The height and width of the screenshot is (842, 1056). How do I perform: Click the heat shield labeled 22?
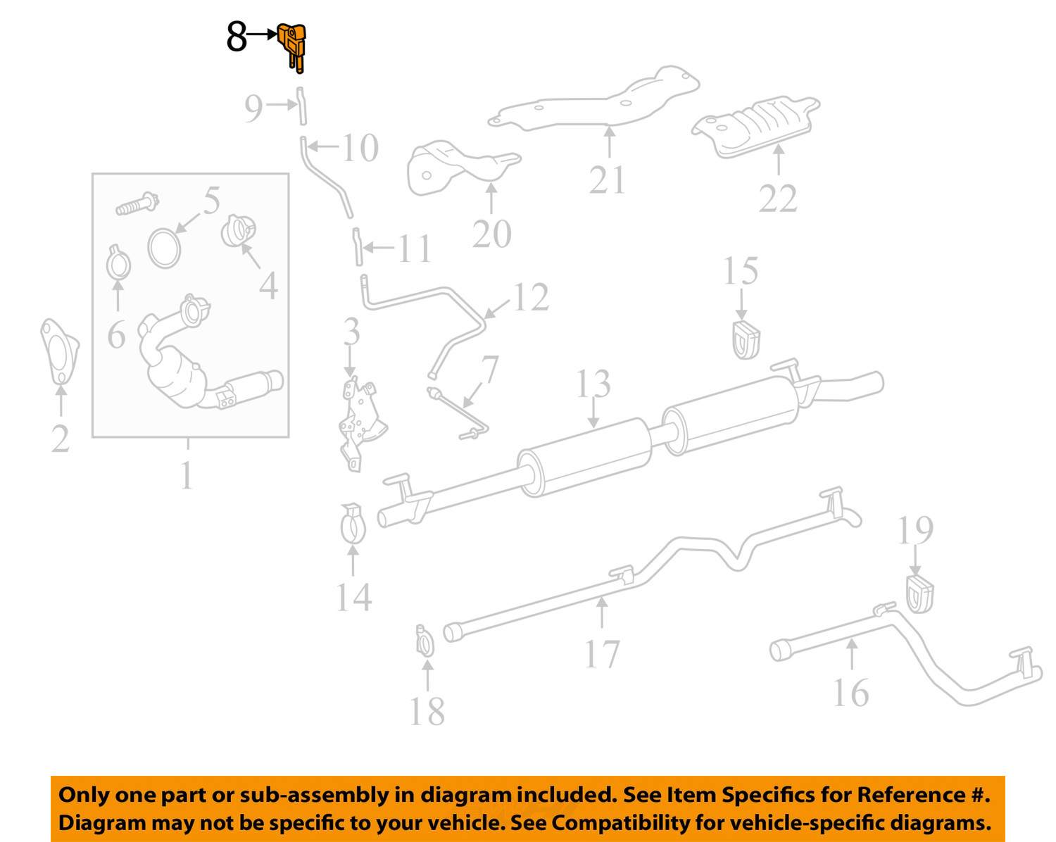coord(757,127)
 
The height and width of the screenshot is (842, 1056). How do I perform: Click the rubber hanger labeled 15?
coord(745,339)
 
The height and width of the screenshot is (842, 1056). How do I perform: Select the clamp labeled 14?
coord(353,525)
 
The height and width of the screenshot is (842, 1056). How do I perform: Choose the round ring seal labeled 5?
coord(164,247)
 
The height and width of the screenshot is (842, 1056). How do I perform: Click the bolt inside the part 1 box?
coord(137,204)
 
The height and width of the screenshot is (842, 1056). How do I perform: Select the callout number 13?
coord(593,384)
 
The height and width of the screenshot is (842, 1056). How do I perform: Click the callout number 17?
coord(602,654)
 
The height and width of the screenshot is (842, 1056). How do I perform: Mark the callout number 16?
coord(850,693)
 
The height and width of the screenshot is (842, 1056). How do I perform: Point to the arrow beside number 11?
coord(379,248)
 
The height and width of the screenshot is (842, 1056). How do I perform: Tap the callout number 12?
coord(530,297)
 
